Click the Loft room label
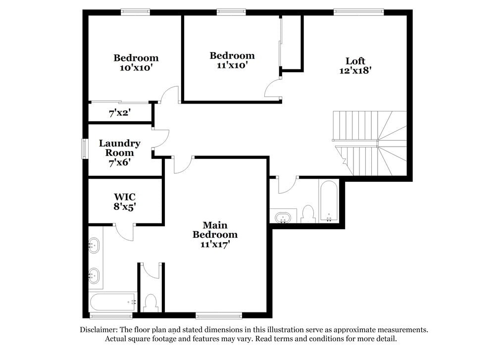(355, 61)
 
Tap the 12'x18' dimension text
(355, 70)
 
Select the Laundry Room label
(120, 148)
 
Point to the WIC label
(125, 197)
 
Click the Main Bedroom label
(215, 230)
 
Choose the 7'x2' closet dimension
(120, 113)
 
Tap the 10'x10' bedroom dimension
(137, 67)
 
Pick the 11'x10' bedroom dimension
(232, 65)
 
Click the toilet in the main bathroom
(150, 303)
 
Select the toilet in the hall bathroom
(308, 214)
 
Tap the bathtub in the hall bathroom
(329, 201)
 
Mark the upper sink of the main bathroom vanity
(94, 246)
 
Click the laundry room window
(84, 149)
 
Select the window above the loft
(359, 12)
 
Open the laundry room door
(161, 138)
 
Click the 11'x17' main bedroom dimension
(215, 244)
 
